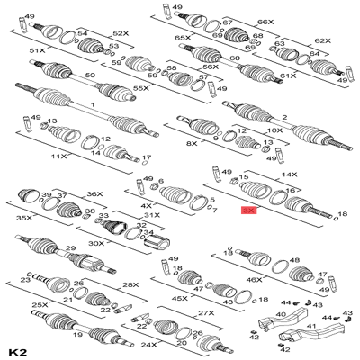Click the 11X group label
click(x=59, y=156)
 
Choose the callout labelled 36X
click(x=94, y=195)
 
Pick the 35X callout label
click(x=24, y=217)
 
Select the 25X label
click(x=39, y=306)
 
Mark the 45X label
click(x=180, y=298)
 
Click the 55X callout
click(x=140, y=90)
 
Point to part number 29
click(x=69, y=248)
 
